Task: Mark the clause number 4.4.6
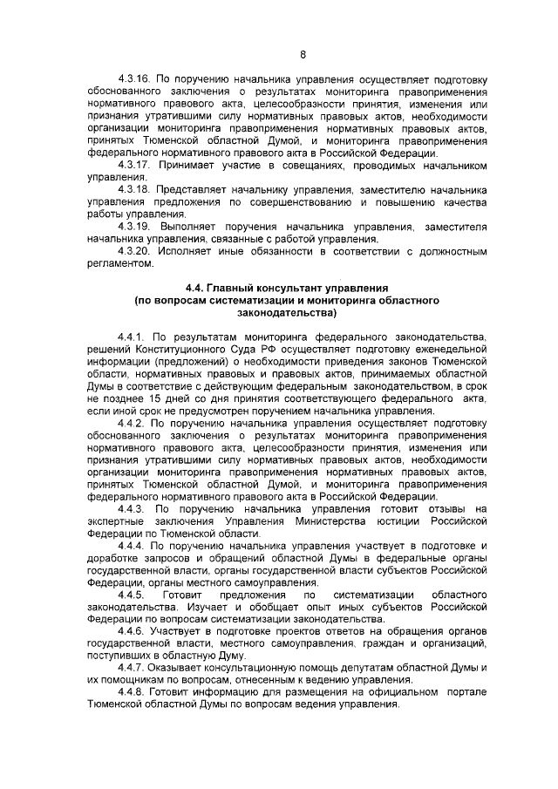[133, 629]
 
